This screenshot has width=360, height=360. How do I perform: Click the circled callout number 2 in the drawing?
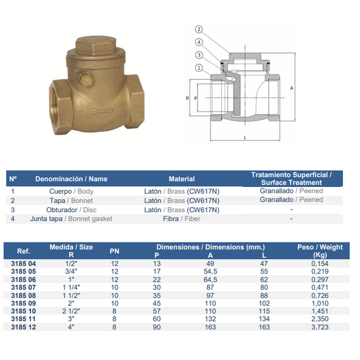point(199,30)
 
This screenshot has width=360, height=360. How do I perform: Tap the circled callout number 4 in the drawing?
point(199,42)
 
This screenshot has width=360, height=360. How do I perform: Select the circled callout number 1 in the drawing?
point(199,68)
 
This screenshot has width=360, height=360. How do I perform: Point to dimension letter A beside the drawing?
point(292,88)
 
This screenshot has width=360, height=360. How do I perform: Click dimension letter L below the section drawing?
point(245,138)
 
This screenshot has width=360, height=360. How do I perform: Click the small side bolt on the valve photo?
point(86,78)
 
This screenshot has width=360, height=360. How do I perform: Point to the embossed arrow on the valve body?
point(102,111)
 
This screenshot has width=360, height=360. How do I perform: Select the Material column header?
point(182,179)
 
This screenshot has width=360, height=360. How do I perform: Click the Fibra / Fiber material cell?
point(182,219)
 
